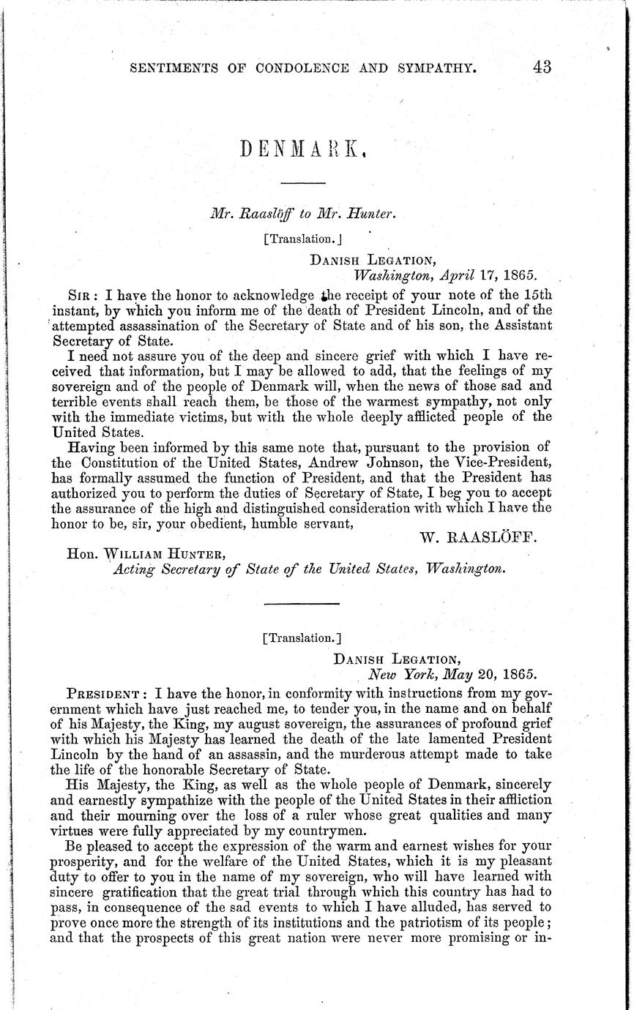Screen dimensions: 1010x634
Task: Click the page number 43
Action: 542,67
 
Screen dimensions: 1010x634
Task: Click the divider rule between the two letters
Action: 302,603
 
